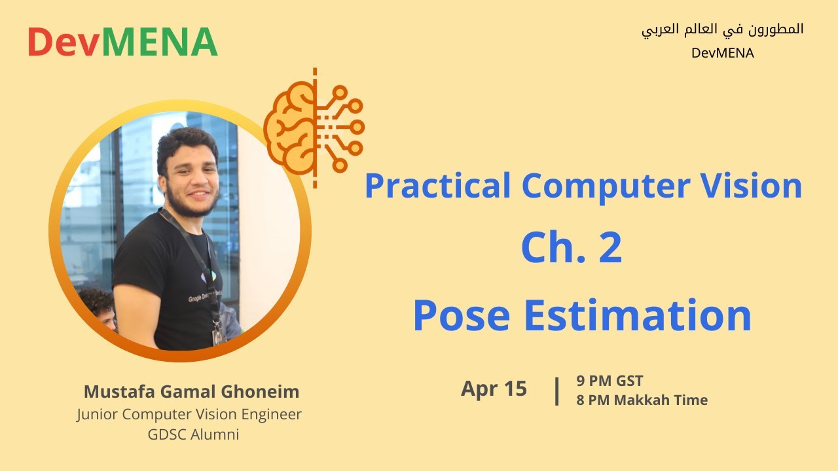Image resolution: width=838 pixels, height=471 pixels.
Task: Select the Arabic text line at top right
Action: click(722, 30)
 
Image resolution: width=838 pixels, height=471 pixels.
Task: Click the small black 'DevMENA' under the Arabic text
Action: click(722, 54)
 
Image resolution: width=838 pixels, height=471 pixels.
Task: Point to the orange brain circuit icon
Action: click(314, 127)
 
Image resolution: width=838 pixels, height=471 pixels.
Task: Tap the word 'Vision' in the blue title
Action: click(746, 186)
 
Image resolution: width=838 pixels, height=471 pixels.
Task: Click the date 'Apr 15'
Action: click(494, 389)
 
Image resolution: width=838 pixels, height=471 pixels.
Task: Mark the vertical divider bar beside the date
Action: click(556, 391)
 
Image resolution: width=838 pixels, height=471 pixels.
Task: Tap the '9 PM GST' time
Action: click(610, 381)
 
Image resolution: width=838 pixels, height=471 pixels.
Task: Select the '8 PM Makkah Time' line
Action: click(642, 400)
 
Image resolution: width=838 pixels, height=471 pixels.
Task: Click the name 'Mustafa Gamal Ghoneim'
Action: click(191, 392)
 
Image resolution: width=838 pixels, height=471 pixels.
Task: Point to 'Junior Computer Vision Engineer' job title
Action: click(189, 414)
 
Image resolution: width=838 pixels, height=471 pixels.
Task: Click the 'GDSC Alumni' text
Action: click(193, 434)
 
